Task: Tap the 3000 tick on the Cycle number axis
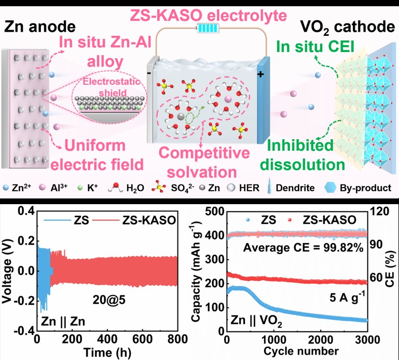(x=366, y=340)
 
